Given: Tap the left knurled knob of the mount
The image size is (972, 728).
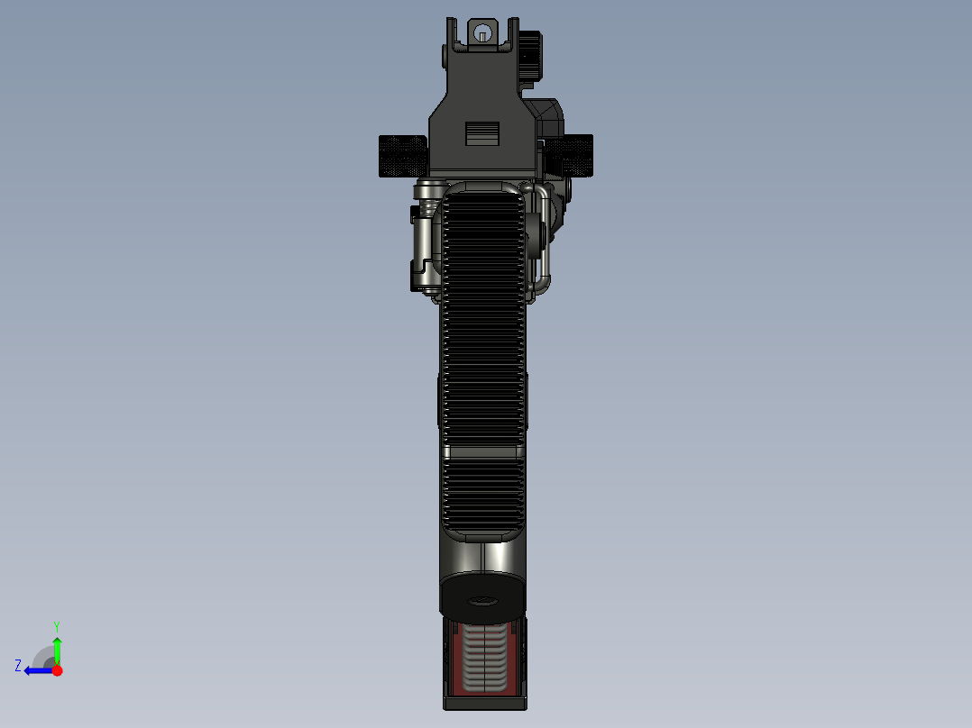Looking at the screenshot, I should point(401,155).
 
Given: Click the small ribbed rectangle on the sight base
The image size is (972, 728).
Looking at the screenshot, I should point(482,132).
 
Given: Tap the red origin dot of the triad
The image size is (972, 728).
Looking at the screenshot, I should point(57,670).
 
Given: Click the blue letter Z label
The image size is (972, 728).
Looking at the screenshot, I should point(18,666).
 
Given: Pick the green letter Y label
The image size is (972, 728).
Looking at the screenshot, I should point(56,625).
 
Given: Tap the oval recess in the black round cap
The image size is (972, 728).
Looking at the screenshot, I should point(483,602).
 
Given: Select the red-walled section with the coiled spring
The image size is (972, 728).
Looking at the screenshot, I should point(483,660).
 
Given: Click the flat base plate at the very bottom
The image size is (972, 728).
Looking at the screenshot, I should point(484,702).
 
